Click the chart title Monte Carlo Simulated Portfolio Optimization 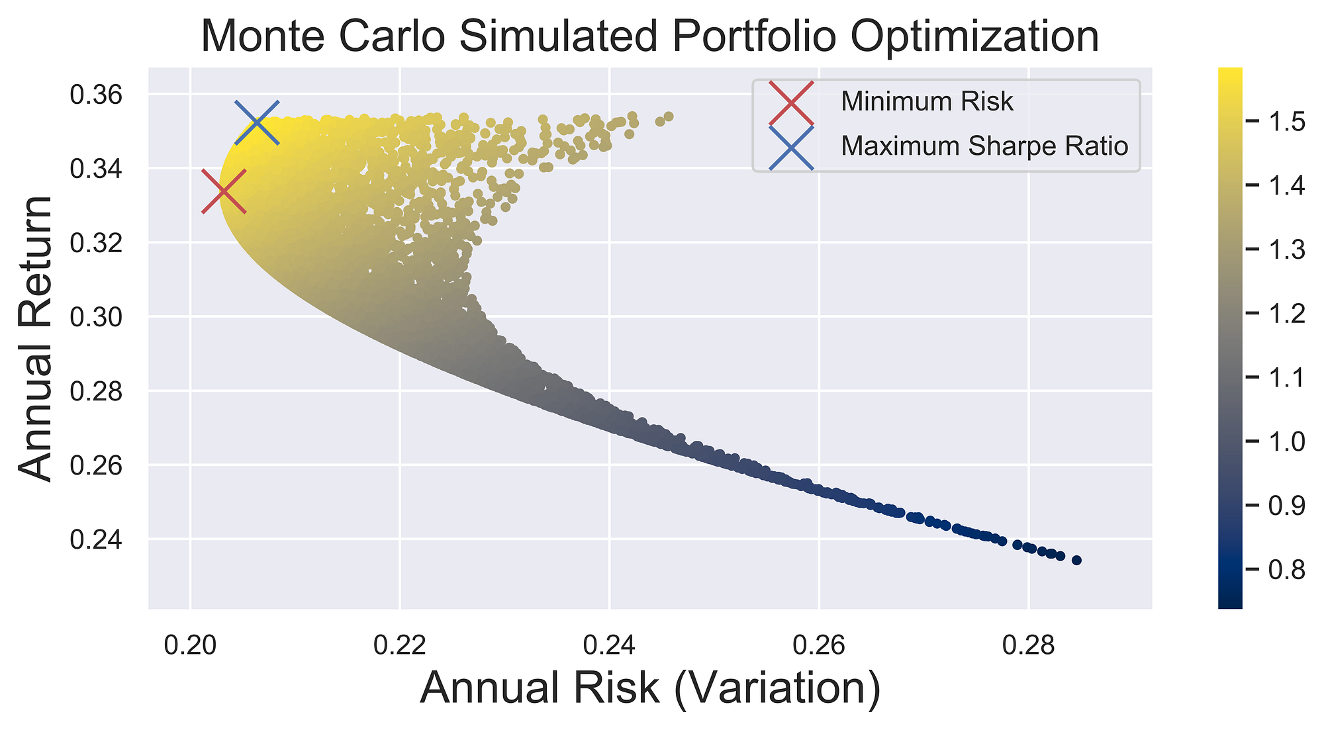pyautogui.click(x=649, y=36)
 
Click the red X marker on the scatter pyautogui.click(x=224, y=191)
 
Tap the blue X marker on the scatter pyautogui.click(x=257, y=122)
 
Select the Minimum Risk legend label pyautogui.click(x=927, y=102)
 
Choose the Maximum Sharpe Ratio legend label pyautogui.click(x=984, y=146)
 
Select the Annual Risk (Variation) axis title pyautogui.click(x=649, y=690)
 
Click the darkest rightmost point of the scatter pyautogui.click(x=1076, y=561)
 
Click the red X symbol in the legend pyautogui.click(x=792, y=103)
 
